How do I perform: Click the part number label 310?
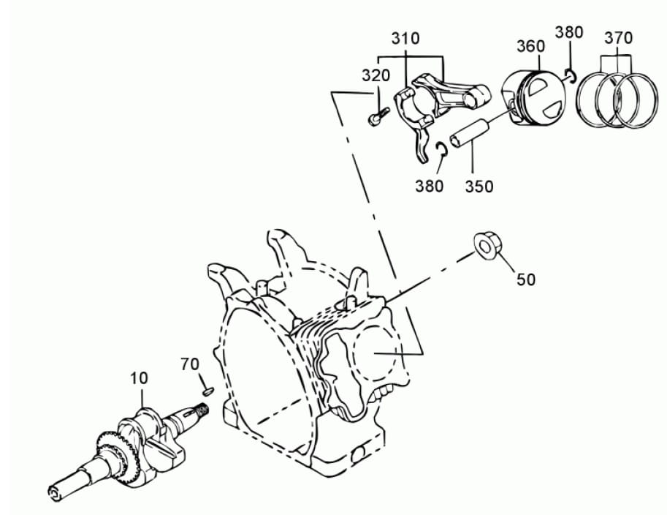point(405,38)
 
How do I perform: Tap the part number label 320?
point(376,75)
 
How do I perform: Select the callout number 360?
point(530,46)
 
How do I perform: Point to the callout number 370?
point(619,38)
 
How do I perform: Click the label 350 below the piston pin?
point(479,187)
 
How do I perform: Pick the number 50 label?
point(526,279)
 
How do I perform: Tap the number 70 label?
point(190,364)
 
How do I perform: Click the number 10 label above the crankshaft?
point(139,378)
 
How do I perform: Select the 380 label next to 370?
point(568,32)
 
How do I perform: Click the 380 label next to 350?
point(430,186)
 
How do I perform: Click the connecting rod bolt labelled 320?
point(378,116)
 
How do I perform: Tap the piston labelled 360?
point(534,97)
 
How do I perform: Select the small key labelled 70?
point(207,391)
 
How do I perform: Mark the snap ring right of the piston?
point(571,75)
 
